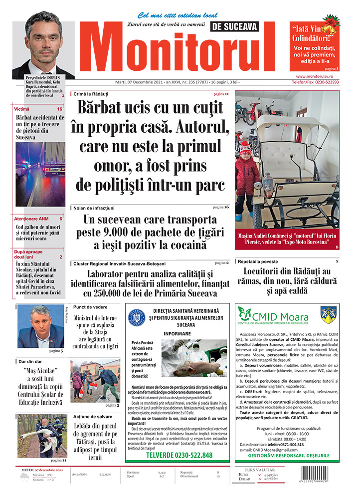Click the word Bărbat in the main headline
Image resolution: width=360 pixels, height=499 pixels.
(x=109, y=109)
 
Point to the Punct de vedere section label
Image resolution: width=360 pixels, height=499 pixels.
(x=90, y=307)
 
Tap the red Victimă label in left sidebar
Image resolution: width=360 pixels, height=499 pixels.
(x=22, y=109)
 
